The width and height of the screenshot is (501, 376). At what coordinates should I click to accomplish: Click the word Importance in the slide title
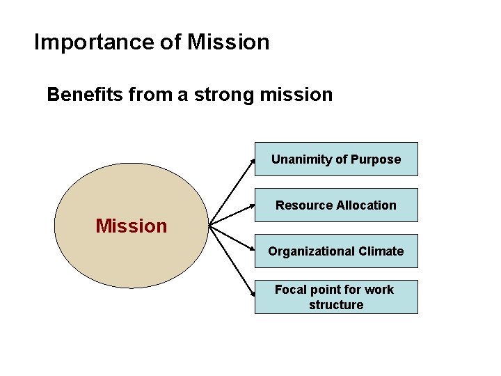95,42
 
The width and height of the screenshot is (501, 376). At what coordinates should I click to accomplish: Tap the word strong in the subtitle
221,94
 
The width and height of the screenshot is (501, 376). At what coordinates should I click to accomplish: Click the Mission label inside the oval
132,226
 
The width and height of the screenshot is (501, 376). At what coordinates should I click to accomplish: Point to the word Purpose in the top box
376,159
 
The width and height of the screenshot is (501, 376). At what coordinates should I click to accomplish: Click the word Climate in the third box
381,251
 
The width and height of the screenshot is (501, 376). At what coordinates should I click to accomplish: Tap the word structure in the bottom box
336,305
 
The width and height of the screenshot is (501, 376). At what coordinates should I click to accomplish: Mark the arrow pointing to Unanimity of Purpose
232,192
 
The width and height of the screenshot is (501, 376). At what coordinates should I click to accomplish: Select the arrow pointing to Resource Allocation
232,215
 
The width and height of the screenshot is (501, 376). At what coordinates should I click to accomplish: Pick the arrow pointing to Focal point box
232,261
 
